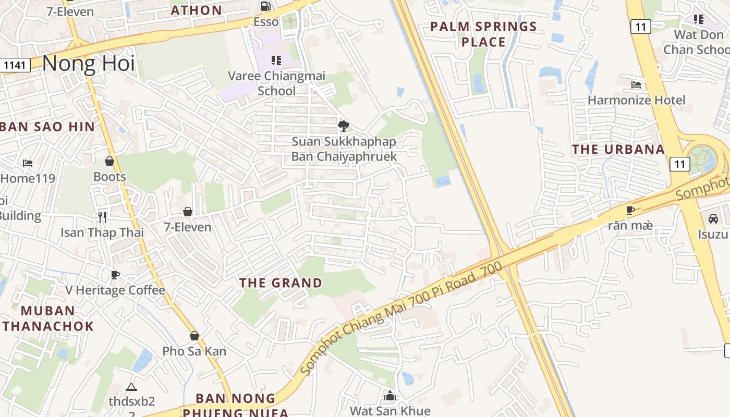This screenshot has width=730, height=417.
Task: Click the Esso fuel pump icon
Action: [x=265, y=7]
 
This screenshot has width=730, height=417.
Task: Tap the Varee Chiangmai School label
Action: [x=276, y=83]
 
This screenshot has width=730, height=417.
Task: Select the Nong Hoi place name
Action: [x=88, y=64]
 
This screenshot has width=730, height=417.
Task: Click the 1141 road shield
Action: [x=15, y=65]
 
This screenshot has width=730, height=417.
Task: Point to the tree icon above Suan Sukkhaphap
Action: [x=343, y=126]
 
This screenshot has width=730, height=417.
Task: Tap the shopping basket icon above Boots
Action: [x=110, y=161]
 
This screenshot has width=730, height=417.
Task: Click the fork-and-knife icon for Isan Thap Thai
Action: [x=102, y=217]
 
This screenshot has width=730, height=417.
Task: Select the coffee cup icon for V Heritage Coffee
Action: [x=115, y=275]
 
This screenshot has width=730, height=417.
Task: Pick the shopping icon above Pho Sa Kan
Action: [x=194, y=336]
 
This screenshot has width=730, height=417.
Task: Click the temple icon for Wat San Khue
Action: [x=390, y=396]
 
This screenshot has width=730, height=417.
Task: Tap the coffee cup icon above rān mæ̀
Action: [x=630, y=211]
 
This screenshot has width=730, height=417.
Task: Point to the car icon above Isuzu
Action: [x=713, y=219]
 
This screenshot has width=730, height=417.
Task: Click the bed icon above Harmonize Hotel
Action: [x=636, y=84]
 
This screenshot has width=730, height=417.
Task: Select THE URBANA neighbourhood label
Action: [x=618, y=150]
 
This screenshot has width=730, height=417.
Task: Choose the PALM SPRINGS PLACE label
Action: [x=483, y=34]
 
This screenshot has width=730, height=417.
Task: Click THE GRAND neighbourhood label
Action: [x=281, y=283]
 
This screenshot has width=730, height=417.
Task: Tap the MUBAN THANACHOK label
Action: [x=48, y=318]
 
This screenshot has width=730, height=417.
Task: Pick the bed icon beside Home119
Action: [x=28, y=163]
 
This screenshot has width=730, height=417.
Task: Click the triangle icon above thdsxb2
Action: [x=131, y=387]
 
